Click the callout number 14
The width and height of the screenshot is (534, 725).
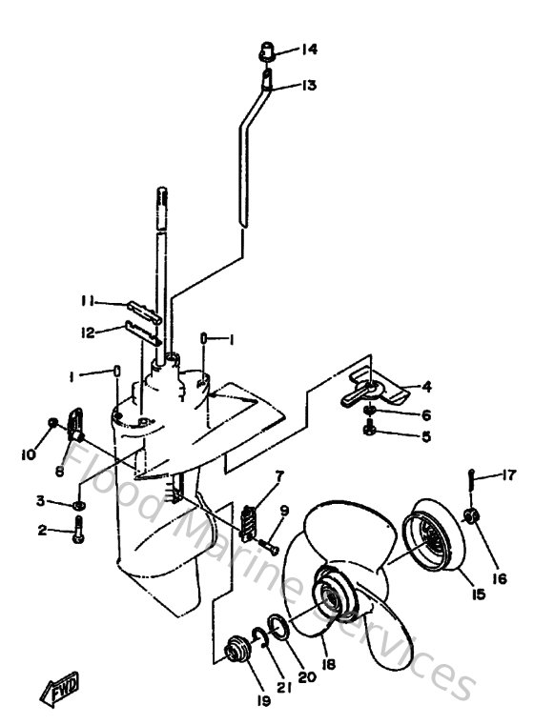coord(310,49)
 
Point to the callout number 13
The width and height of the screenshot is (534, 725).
coord(310,85)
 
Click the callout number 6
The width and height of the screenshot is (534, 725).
coord(400,414)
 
